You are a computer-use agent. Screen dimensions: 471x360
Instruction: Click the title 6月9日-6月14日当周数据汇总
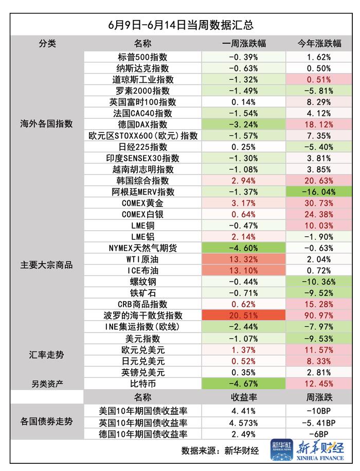click(180, 24)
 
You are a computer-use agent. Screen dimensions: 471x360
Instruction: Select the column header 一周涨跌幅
click(244, 43)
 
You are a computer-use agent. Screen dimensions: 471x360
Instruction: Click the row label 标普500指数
click(142, 57)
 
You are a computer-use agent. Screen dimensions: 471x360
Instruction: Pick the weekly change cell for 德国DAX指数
click(244, 124)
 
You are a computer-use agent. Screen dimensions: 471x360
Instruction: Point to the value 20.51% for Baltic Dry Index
click(244, 316)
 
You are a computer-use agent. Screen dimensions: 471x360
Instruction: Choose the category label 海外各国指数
click(47, 124)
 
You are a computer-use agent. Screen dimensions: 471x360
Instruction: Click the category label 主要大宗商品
click(47, 265)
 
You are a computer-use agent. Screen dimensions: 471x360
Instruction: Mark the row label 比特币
click(142, 383)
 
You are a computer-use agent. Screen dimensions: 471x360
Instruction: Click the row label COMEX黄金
click(142, 203)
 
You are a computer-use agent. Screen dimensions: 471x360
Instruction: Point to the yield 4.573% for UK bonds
click(244, 423)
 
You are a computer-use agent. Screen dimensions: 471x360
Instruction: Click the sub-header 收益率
click(244, 397)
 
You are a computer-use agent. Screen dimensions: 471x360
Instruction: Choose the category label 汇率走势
click(47, 355)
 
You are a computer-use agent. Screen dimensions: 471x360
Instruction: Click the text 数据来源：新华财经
click(220, 451)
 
